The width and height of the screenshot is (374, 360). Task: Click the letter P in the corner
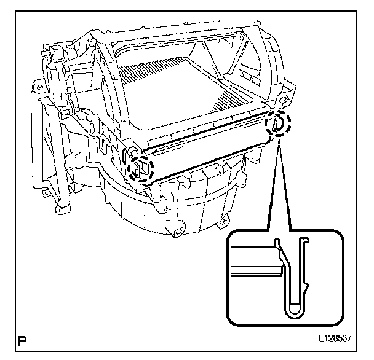tap(23, 340)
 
